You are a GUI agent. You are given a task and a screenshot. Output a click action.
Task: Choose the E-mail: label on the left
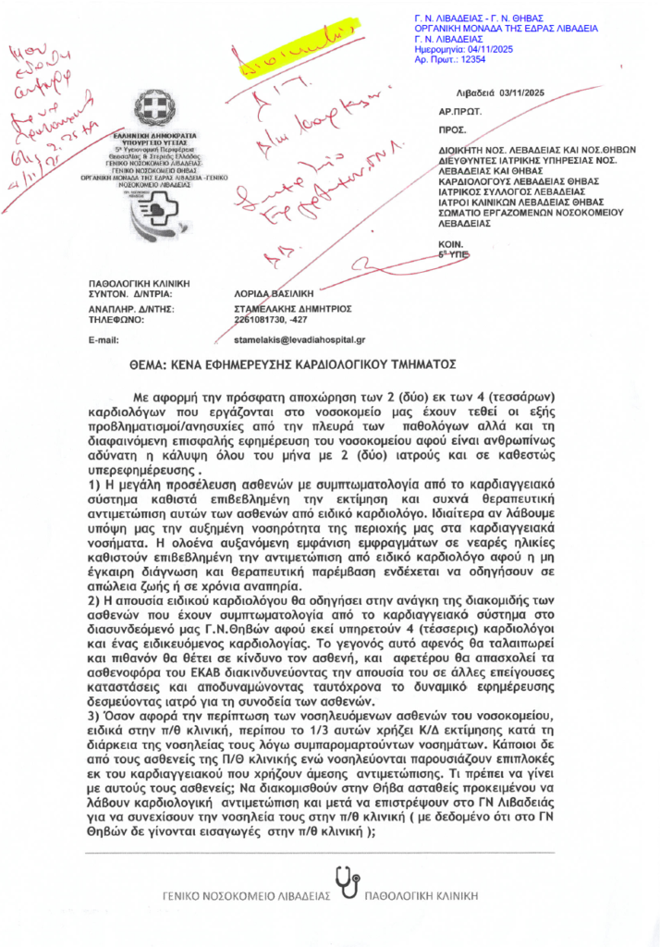point(104,341)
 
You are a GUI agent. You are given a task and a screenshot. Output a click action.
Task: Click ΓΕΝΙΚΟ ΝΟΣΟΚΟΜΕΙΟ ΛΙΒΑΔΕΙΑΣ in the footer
point(246,896)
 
